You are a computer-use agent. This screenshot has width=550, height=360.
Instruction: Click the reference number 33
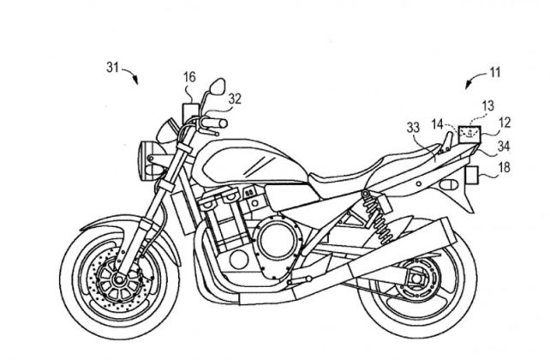click(412, 128)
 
